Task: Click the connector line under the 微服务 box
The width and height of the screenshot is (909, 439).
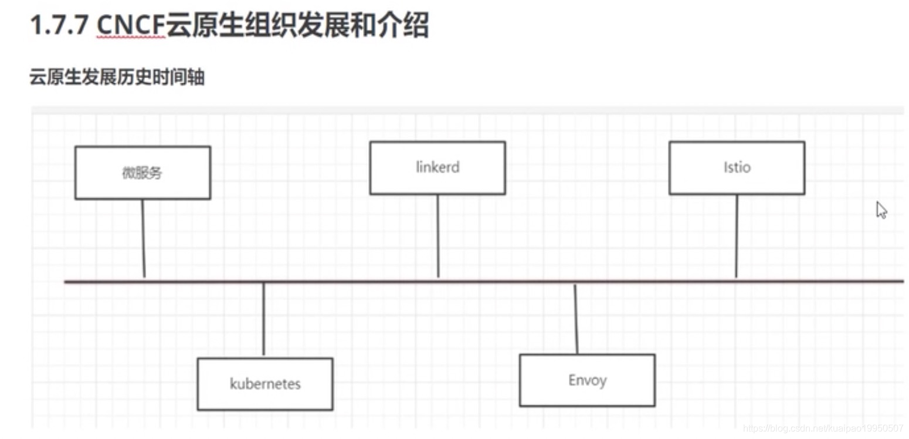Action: coord(143,238)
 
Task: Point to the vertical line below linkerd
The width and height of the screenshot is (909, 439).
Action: coord(437,235)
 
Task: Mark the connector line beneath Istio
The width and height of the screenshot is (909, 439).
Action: coord(737,235)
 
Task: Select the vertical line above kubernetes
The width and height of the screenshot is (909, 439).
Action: coord(263,320)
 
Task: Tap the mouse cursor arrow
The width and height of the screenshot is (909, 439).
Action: coord(881,210)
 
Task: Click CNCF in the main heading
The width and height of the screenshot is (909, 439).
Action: coord(131,26)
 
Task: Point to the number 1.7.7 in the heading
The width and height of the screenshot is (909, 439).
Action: coord(59,26)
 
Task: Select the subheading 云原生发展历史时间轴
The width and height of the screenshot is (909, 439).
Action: coord(117,77)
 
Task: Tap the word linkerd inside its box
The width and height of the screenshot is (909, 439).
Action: coord(437,167)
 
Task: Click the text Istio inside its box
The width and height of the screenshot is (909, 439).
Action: coord(737,167)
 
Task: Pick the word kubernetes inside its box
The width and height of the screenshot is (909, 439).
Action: coord(265,384)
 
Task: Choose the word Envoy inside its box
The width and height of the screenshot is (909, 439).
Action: coord(587,380)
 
